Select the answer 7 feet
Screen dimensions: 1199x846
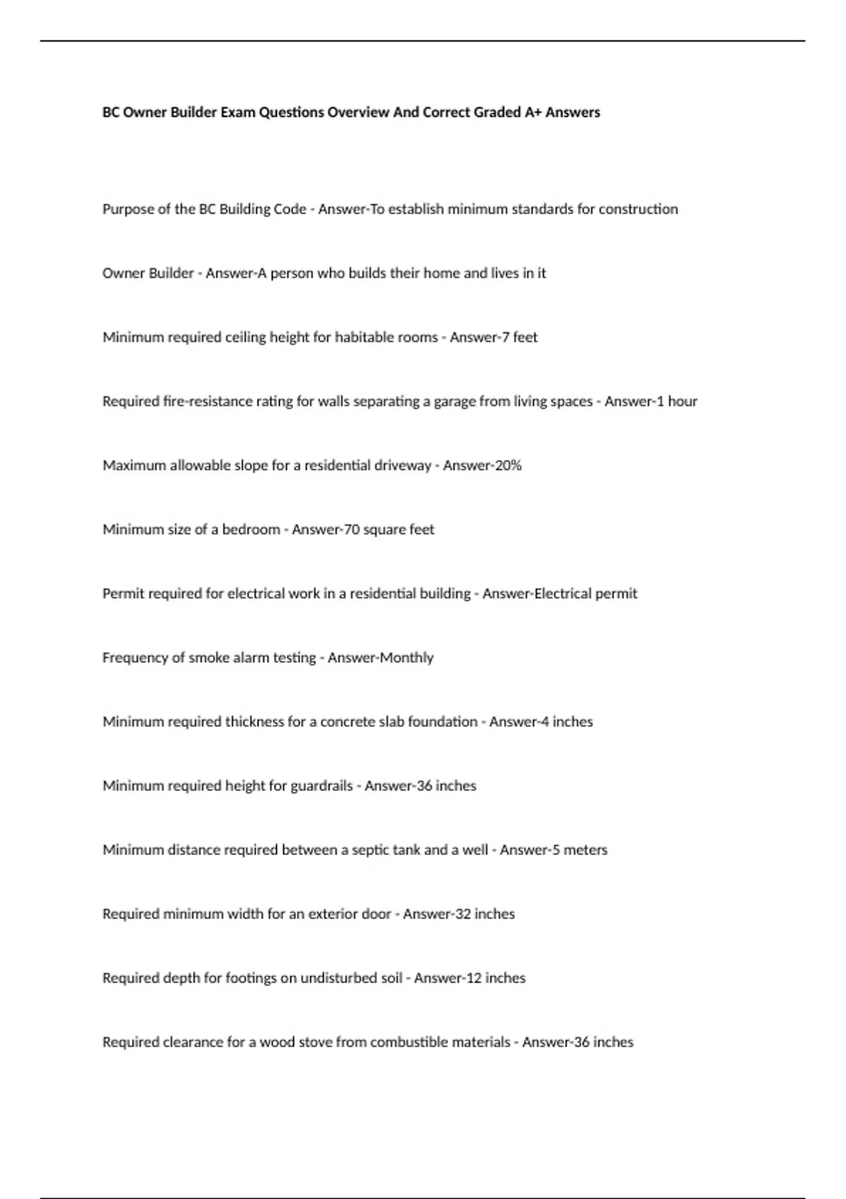(517, 337)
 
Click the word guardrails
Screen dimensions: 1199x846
(321, 786)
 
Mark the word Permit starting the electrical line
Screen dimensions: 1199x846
(122, 594)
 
